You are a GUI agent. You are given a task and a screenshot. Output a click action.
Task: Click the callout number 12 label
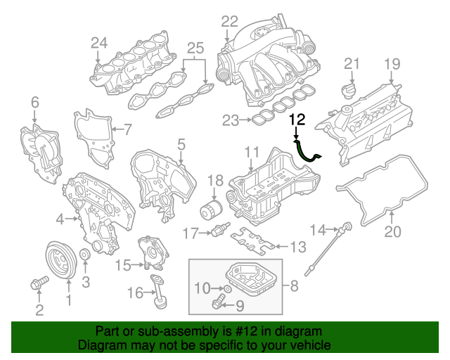click(297, 120)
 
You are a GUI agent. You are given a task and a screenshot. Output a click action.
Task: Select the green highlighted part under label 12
click(308, 153)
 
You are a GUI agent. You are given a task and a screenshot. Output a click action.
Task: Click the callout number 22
click(230, 21)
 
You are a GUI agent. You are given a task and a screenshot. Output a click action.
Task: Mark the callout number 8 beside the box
click(294, 286)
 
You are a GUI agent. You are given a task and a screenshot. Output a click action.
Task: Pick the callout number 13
click(299, 246)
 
